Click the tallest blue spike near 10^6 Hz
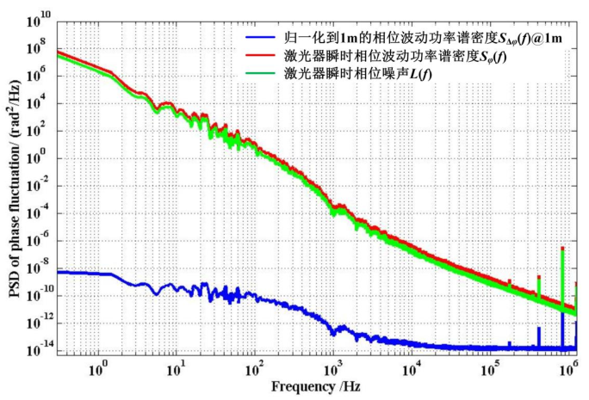point(562,311)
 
